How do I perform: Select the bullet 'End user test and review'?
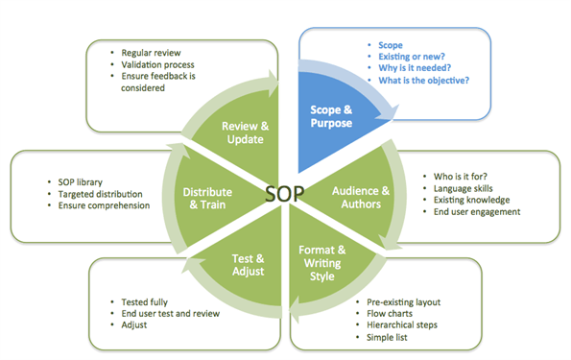coord(174,314)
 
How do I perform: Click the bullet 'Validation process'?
coord(157,63)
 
